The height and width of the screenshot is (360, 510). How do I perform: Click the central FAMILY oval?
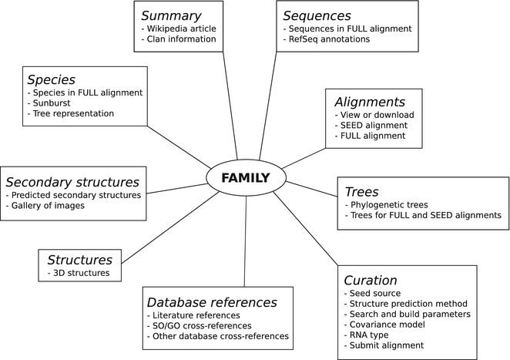tap(246, 178)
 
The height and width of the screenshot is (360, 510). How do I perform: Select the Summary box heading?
tap(171, 15)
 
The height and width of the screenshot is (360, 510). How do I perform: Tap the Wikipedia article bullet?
tap(179, 29)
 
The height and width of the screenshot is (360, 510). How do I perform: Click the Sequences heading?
tap(317, 15)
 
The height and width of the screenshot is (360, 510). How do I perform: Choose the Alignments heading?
tap(369, 101)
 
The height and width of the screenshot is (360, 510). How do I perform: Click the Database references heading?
tap(212, 302)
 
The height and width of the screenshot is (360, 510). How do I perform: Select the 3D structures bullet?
tap(80, 273)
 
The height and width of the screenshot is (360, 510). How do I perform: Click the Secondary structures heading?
tap(72, 182)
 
